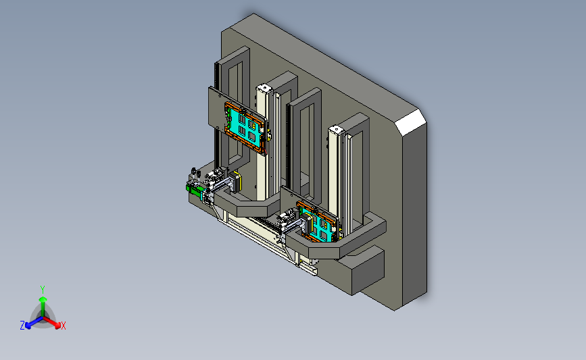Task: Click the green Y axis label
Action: (x=43, y=290)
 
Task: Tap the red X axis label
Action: (x=63, y=326)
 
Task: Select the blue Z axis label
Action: (x=22, y=326)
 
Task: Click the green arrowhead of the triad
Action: (x=43, y=299)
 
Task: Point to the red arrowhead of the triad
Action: (x=57, y=325)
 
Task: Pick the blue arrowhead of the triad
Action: (x=28, y=326)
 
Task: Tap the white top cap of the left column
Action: (x=264, y=88)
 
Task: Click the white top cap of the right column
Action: (x=337, y=130)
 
